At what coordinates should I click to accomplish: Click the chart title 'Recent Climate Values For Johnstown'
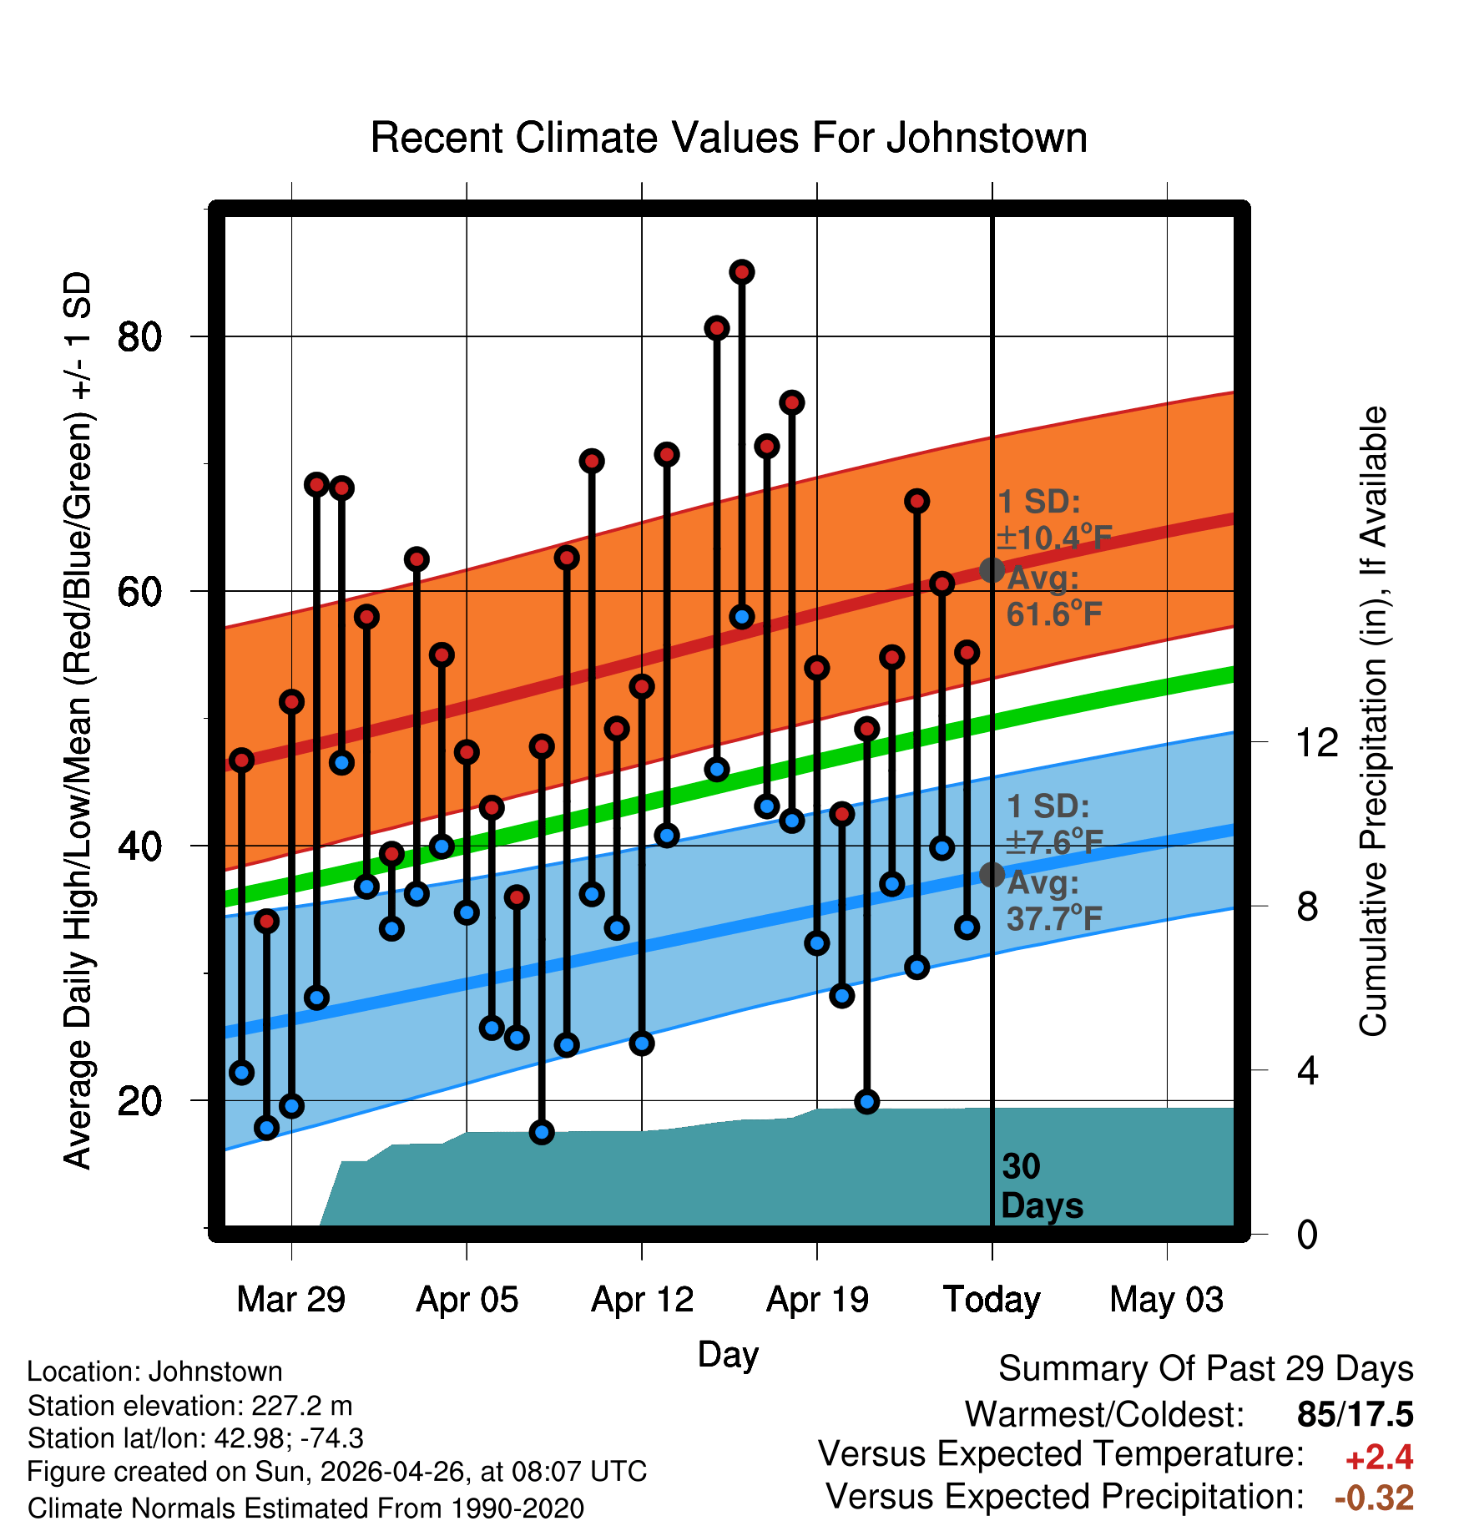[x=729, y=138]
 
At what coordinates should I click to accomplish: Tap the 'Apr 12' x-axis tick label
[x=642, y=1300]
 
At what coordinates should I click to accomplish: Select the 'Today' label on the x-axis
[x=992, y=1300]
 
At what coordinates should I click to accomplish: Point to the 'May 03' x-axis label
[x=1167, y=1300]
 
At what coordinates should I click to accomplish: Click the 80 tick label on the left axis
[x=139, y=337]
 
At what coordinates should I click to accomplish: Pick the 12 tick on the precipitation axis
[x=1317, y=742]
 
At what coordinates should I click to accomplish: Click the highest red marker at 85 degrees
[x=742, y=272]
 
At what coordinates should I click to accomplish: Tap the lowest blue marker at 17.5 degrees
[x=542, y=1132]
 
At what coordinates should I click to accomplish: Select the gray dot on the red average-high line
[x=992, y=570]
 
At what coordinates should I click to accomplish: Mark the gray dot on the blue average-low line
[x=992, y=875]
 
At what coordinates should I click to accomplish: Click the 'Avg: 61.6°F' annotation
[x=1054, y=596]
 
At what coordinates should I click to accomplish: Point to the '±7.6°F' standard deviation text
[x=1054, y=842]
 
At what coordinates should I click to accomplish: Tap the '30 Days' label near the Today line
[x=1042, y=1186]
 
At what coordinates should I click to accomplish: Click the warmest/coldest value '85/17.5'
[x=1356, y=1414]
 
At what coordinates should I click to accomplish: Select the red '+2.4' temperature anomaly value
[x=1379, y=1458]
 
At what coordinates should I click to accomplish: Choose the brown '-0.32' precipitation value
[x=1375, y=1498]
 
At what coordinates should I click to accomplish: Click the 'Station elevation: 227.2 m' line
[x=190, y=1406]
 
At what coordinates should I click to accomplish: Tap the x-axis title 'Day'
[x=728, y=1355]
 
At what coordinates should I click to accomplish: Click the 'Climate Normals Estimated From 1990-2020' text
[x=305, y=1508]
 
